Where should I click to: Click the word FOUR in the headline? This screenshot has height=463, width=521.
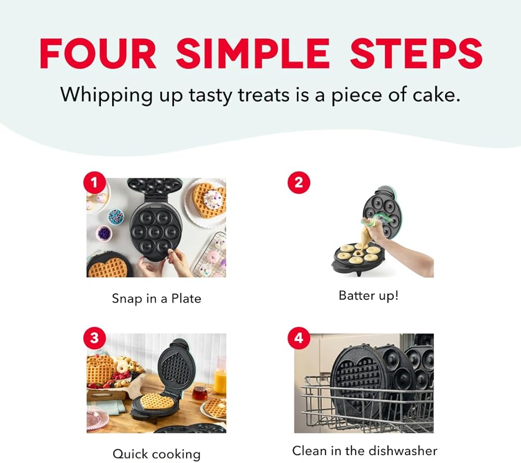point(98,54)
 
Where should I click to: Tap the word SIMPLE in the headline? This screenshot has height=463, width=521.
point(253,54)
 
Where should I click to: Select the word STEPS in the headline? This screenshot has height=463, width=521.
point(416,54)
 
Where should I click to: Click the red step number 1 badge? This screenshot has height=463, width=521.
point(95,182)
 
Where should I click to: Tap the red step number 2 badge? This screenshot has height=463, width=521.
point(299,182)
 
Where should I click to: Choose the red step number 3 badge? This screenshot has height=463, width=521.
point(95,338)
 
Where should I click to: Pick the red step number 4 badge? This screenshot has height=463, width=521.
point(299,338)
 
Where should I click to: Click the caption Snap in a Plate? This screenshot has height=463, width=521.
point(156,299)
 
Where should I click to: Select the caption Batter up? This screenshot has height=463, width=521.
point(368,296)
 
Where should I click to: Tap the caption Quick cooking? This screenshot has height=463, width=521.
point(156,454)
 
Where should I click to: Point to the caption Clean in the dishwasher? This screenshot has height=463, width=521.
point(365,451)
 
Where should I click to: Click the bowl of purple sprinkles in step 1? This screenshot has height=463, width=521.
point(104,233)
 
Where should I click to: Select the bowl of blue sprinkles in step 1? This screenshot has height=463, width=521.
point(116,216)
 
